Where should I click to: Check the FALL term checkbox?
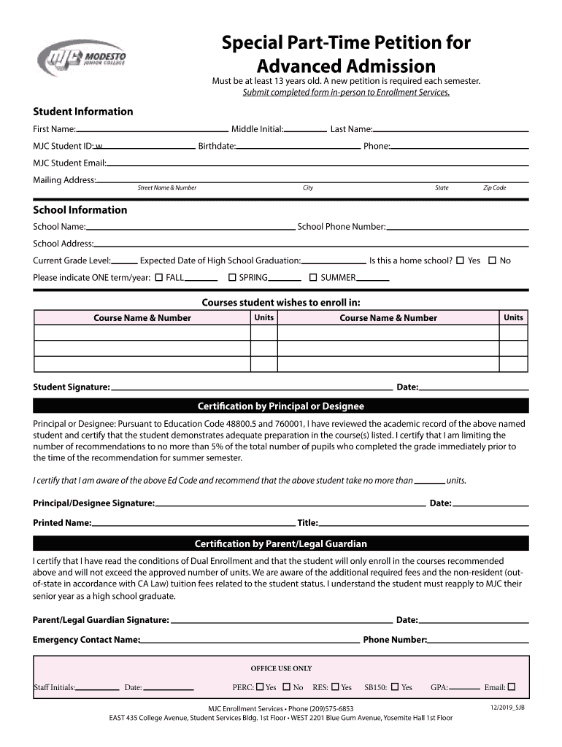159,277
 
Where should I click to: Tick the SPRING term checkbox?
232,277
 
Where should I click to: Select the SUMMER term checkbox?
313,277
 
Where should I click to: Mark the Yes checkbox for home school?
460,260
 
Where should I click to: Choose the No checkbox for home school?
492,260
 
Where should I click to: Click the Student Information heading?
83,112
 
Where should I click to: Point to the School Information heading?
80,210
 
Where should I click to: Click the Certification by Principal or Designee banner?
281,406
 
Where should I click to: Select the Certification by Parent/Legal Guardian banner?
281,544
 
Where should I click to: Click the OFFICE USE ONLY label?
281,668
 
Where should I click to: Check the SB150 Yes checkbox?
395,686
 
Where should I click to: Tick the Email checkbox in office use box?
511,686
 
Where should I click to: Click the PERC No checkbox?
287,686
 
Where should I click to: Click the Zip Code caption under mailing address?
494,188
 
